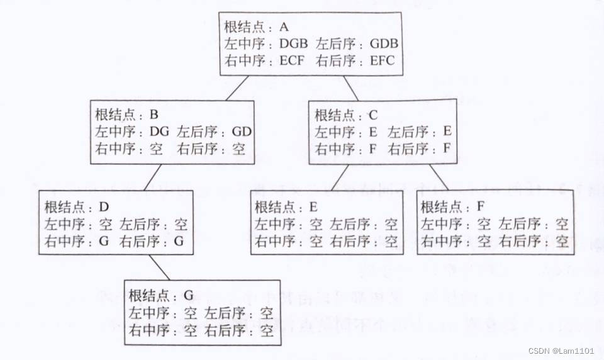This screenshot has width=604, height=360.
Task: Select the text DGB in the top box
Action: (x=293, y=45)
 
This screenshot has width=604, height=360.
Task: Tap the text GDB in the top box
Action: (x=383, y=45)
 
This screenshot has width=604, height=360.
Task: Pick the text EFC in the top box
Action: (x=381, y=62)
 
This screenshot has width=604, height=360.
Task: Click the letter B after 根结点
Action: (x=154, y=115)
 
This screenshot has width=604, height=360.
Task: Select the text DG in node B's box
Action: (x=159, y=132)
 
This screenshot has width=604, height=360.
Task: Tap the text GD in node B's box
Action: (x=242, y=132)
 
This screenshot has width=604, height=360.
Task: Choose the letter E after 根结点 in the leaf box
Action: (x=313, y=207)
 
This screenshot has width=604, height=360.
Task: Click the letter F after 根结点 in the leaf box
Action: (x=479, y=207)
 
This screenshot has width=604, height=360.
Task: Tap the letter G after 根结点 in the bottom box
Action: (x=187, y=295)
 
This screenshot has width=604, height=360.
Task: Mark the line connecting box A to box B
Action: (x=237, y=88)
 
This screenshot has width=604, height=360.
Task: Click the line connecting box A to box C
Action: (x=350, y=88)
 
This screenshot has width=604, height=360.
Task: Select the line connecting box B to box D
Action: (x=153, y=177)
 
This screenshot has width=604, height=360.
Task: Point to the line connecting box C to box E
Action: (x=340, y=177)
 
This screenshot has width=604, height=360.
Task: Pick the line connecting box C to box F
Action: (x=439, y=177)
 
